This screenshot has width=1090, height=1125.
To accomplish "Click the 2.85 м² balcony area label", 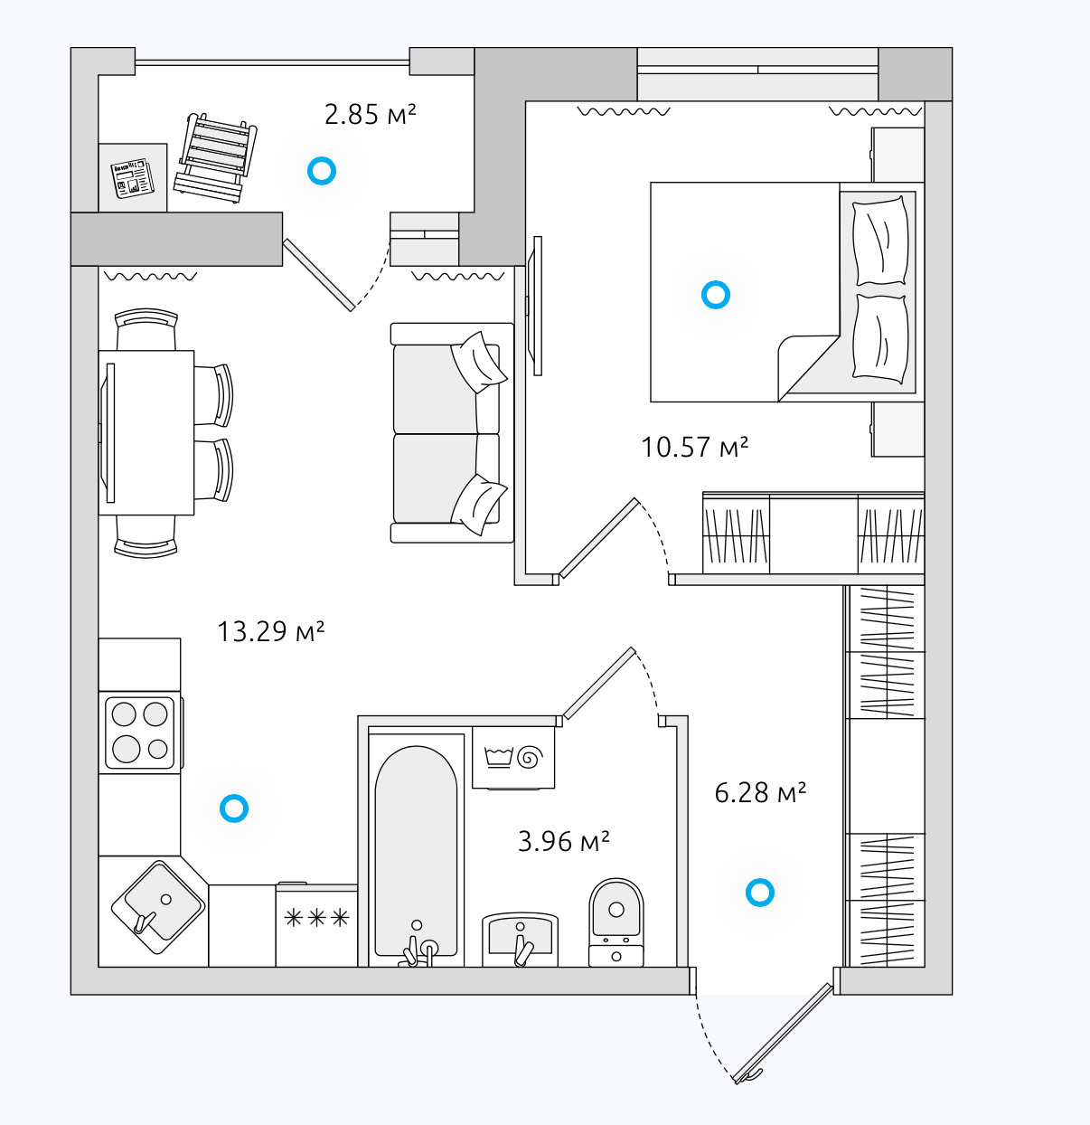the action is click(x=370, y=115).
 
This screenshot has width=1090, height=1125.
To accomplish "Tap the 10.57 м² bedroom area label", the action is click(x=694, y=447).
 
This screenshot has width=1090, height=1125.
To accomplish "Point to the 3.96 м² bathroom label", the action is click(x=563, y=841).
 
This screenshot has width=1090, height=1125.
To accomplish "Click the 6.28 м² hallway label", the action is click(x=760, y=792).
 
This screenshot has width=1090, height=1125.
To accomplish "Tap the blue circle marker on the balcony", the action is click(x=321, y=171).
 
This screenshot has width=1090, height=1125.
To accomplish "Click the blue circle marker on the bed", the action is click(x=715, y=295).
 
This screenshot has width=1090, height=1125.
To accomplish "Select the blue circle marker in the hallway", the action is click(x=759, y=893).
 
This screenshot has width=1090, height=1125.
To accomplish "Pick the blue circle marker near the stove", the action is click(x=234, y=808).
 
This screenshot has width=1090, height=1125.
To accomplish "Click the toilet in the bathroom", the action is click(x=615, y=922).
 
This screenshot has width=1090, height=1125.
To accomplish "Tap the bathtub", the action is click(x=416, y=851).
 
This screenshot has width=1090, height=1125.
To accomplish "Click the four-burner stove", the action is click(x=140, y=733).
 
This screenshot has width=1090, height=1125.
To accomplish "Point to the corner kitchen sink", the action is click(x=157, y=907).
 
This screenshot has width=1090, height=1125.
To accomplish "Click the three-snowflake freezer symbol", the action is click(x=316, y=918).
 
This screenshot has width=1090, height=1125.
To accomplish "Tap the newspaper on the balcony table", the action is click(x=133, y=178).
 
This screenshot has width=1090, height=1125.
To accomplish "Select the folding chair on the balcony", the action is click(x=215, y=158).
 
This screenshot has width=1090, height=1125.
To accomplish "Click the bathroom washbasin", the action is click(x=520, y=940).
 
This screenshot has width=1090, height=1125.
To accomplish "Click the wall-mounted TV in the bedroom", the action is click(x=535, y=306).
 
